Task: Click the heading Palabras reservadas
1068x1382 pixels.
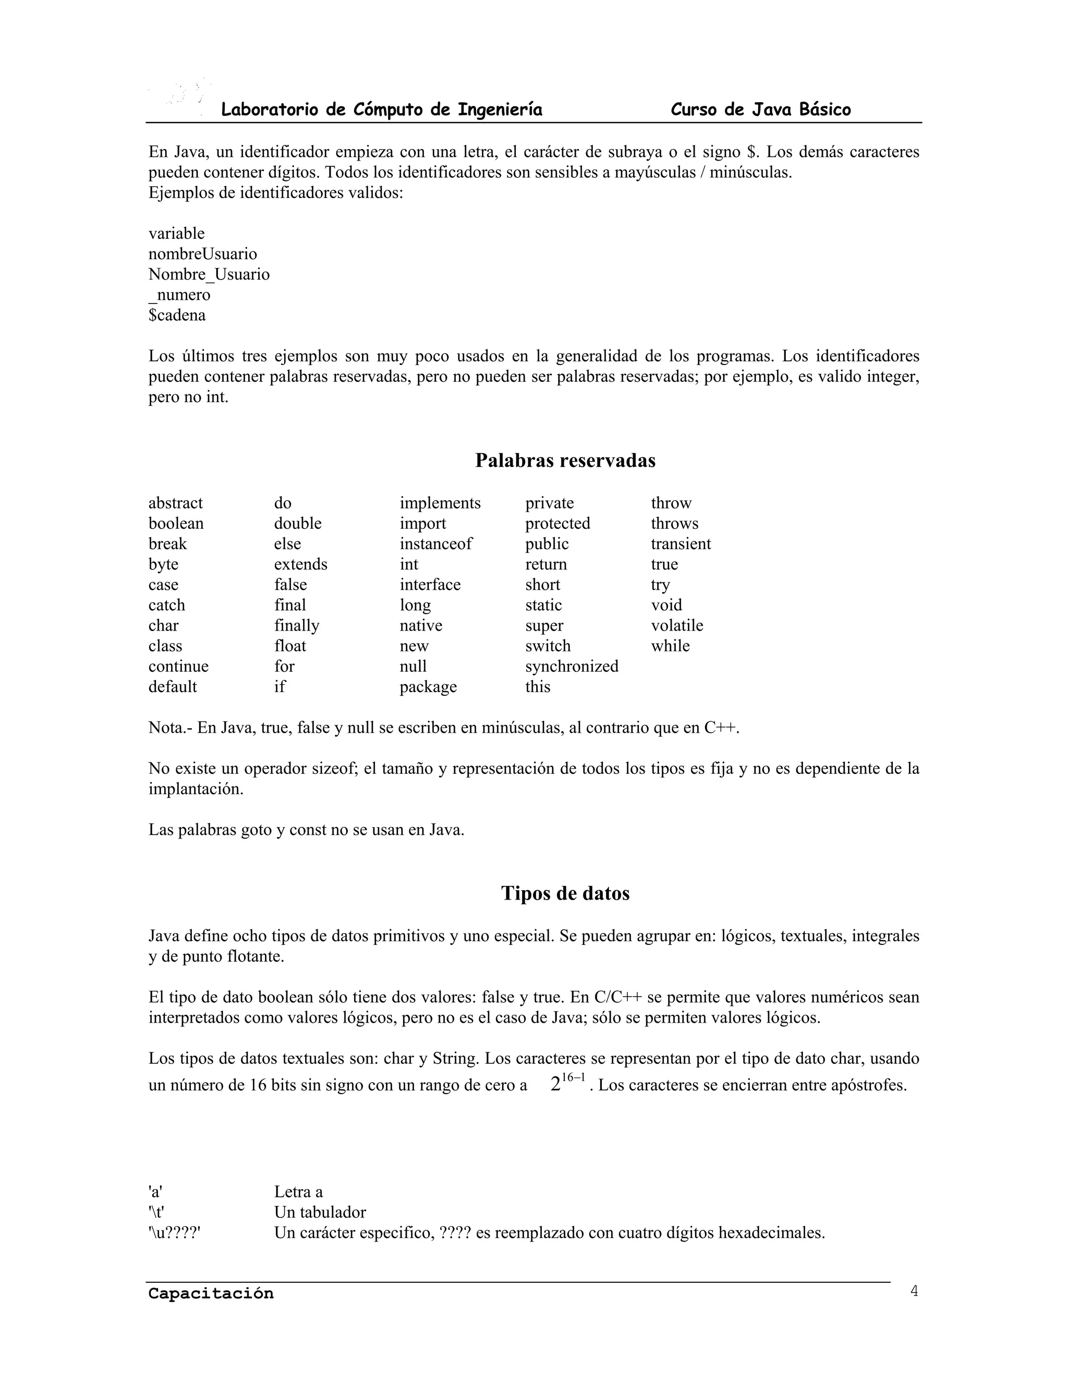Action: (565, 460)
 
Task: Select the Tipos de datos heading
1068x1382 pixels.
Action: (565, 893)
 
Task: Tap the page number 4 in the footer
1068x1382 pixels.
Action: (914, 1291)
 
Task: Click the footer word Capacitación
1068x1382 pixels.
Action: (211, 1294)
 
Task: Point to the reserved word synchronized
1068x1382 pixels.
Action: (572, 666)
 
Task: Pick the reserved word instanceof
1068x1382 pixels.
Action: (435, 544)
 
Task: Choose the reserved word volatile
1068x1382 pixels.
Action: (676, 626)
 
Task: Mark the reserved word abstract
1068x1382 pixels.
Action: (175, 503)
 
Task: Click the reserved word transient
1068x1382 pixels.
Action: (680, 544)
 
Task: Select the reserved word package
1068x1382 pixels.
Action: (428, 687)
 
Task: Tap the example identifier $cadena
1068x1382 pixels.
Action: (177, 315)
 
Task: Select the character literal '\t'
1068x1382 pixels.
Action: (156, 1213)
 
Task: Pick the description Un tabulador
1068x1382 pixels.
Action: (320, 1213)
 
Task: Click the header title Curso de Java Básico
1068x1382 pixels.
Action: (760, 110)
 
